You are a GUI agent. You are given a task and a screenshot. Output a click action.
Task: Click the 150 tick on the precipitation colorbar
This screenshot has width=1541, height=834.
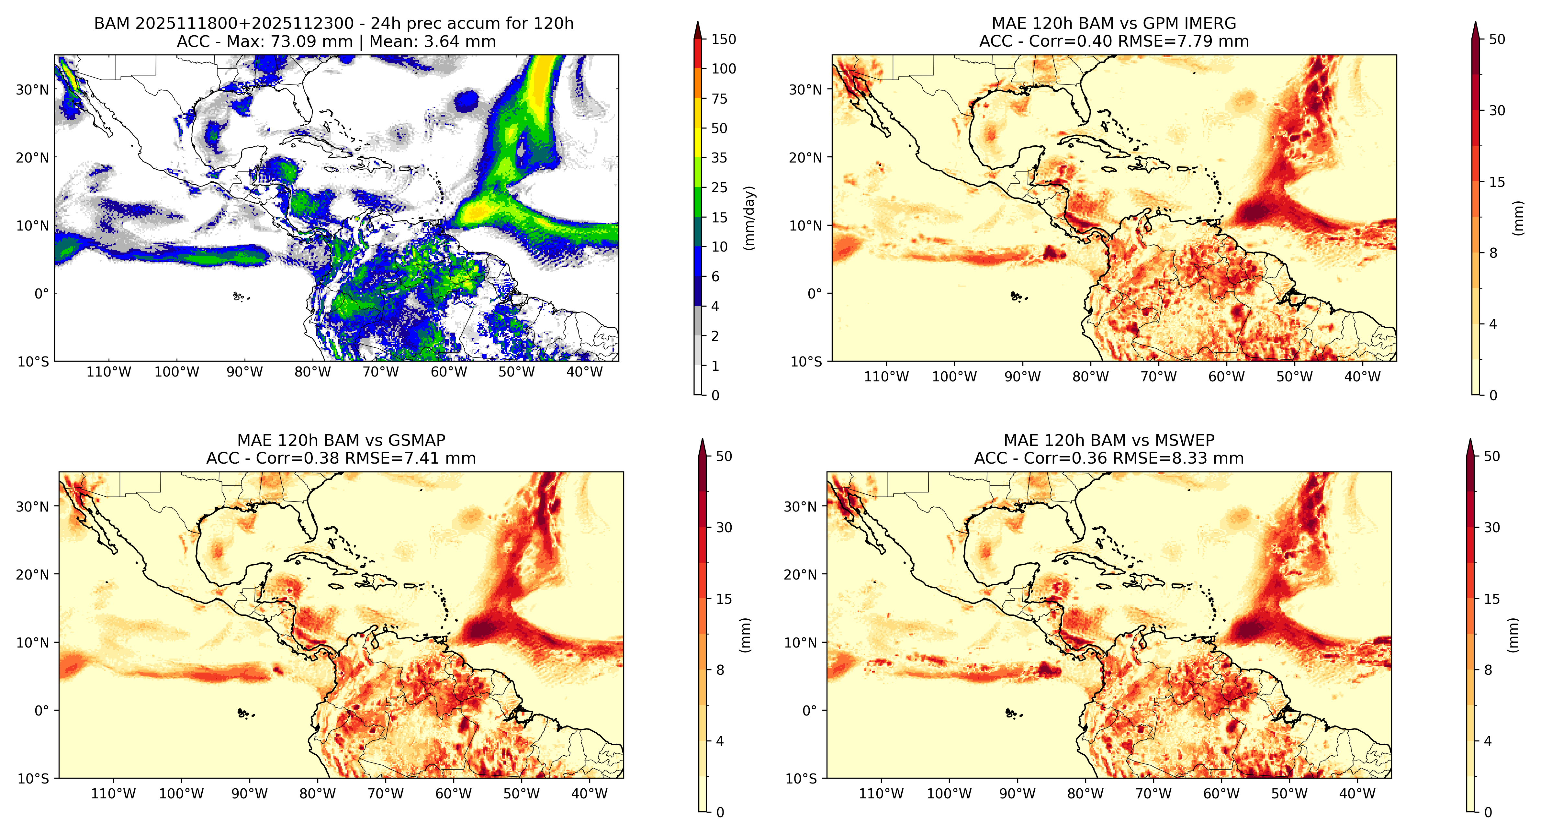(x=723, y=39)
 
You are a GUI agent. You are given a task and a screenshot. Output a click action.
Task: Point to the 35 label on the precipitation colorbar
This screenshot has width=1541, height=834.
(x=719, y=158)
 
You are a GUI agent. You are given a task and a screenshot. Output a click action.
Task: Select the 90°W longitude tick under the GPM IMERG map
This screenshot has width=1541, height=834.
(x=1022, y=377)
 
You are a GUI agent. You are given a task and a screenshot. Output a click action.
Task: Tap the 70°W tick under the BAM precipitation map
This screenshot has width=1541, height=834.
(x=380, y=372)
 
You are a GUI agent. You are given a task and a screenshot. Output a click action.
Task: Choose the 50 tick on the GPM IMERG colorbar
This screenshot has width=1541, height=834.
(x=1497, y=39)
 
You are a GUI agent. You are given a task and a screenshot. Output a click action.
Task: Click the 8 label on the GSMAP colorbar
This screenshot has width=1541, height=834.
(x=720, y=670)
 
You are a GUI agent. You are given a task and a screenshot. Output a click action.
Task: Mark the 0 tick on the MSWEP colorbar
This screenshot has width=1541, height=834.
(x=1488, y=812)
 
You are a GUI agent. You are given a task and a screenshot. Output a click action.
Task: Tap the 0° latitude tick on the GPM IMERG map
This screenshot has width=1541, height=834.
(x=816, y=294)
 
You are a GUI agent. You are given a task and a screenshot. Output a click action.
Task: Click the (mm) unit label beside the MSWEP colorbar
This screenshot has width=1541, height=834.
(x=1513, y=635)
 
